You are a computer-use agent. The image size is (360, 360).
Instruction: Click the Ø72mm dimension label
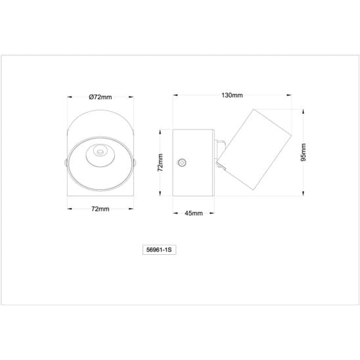click(101, 97)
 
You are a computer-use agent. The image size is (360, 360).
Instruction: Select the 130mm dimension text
click(232, 95)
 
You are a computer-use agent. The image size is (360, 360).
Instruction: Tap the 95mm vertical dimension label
click(304, 152)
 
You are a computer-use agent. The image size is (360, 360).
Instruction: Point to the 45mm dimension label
click(194, 214)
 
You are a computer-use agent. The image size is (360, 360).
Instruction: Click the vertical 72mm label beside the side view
click(160, 162)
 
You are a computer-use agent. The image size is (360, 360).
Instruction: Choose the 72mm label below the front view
click(101, 209)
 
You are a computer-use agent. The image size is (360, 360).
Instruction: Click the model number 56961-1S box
click(160, 250)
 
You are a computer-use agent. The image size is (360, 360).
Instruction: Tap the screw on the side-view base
click(182, 163)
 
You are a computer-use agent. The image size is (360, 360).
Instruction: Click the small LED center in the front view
click(100, 152)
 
